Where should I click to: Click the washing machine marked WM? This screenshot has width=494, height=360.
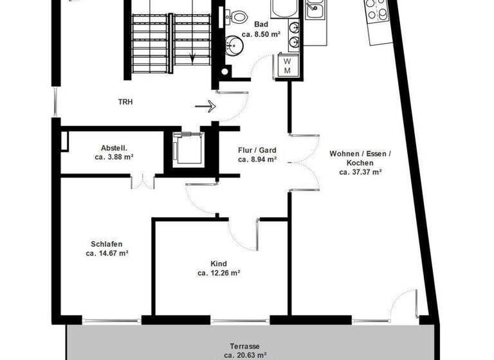(288, 65)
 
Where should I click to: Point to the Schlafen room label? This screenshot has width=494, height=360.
(107, 244)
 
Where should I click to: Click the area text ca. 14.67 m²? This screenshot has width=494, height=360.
(107, 253)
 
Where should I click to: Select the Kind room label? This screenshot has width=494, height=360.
(218, 264)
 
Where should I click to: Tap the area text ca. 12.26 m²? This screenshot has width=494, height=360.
(219, 273)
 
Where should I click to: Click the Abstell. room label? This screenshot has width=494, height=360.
(114, 146)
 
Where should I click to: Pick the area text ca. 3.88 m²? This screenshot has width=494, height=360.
(114, 156)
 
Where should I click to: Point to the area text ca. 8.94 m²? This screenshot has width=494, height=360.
(257, 159)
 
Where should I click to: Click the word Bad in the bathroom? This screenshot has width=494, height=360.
(261, 24)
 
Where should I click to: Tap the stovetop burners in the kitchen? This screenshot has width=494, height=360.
(376, 9)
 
